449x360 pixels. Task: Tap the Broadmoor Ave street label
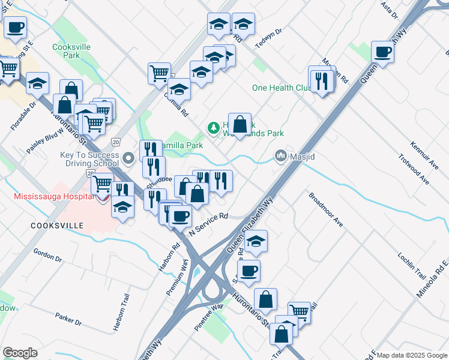pos(326,209)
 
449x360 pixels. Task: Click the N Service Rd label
pos(209,223)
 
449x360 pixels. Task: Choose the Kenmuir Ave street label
pos(423,154)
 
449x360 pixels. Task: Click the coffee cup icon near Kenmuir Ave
pos(382,53)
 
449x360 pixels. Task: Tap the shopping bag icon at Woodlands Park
pos(240,124)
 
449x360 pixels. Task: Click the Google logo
pos(20,353)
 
